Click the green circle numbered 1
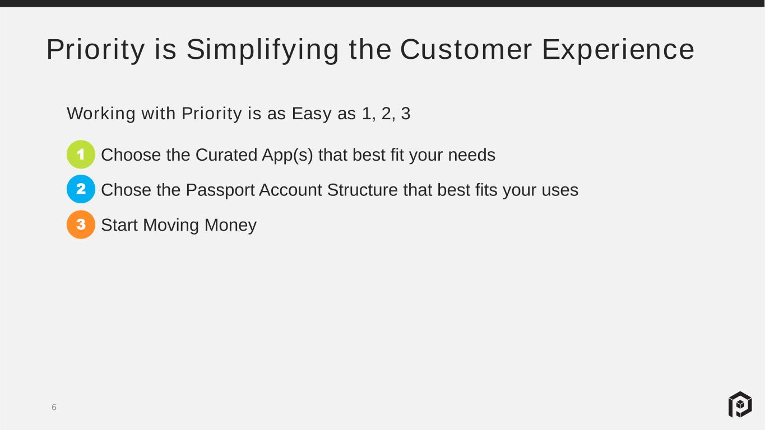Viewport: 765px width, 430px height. [81, 155]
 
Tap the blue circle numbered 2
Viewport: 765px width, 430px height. [81, 189]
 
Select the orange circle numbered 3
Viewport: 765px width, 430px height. [81, 225]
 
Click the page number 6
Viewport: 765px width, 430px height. [54, 407]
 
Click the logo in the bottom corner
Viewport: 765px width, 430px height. [740, 404]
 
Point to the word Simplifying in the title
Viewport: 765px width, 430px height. [263, 50]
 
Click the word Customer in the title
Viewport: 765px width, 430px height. [466, 49]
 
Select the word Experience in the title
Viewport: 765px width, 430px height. [618, 50]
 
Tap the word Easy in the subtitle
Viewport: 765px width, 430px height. [312, 114]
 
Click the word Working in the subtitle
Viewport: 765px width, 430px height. [101, 114]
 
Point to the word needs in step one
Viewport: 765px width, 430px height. [472, 155]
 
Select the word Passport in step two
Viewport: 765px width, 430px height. [220, 190]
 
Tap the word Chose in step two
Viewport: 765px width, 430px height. [126, 190]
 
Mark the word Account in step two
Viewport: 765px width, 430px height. [290, 190]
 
